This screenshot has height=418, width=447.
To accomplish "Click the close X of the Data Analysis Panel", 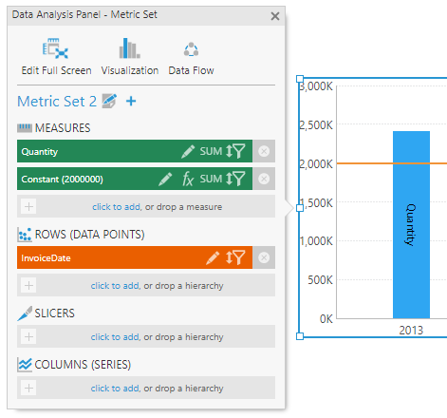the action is tap(275, 16).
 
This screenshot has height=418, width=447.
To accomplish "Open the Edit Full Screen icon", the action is tap(55, 48).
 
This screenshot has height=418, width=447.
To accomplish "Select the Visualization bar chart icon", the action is tap(129, 48).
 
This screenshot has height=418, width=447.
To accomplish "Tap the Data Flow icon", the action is tap(191, 49).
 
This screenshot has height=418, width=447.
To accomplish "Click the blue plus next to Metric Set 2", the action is tap(131, 102).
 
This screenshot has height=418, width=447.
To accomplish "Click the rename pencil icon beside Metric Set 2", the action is tap(109, 101).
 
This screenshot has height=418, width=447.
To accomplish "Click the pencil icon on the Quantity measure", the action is tap(188, 151).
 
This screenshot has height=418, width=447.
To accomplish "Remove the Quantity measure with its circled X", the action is tap(264, 151).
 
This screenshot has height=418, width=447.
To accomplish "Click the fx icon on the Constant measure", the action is tap(188, 179).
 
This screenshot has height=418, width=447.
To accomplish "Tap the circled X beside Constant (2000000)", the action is tap(264, 179).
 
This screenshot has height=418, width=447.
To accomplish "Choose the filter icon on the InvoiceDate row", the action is tap(239, 257).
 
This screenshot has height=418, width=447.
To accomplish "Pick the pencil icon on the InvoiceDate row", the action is tap(213, 257).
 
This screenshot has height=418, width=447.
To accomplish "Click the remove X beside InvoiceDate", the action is tap(264, 257).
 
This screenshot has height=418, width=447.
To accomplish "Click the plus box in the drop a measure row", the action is tap(28, 206).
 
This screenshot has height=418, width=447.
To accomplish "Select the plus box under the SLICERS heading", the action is tap(28, 336).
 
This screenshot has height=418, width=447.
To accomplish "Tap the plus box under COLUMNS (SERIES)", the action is tap(28, 388).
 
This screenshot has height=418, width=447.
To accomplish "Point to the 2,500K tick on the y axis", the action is tap(316, 125).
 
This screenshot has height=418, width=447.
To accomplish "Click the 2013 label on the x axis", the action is tap(411, 331).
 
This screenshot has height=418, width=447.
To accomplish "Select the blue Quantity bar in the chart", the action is tap(411, 224).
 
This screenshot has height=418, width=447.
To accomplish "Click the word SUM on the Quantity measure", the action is tap(211, 151).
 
